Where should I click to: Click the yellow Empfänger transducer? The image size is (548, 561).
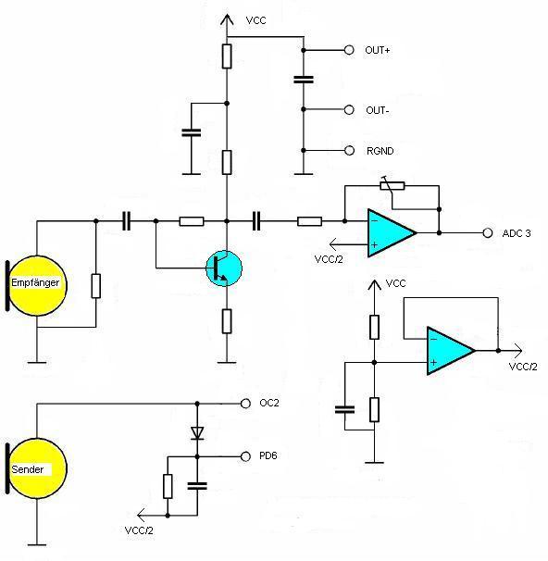(x=36, y=285)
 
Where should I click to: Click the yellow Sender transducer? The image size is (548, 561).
(x=36, y=468)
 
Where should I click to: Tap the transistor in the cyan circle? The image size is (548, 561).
(x=224, y=268)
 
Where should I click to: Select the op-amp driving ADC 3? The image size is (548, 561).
(x=392, y=233)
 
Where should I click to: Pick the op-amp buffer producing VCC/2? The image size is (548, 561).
(x=451, y=351)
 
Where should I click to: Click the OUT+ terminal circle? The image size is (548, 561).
(x=349, y=50)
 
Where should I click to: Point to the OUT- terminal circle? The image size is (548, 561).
(x=349, y=110)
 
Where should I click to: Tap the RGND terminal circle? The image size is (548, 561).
(x=349, y=151)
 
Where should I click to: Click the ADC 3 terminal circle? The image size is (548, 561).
(x=488, y=233)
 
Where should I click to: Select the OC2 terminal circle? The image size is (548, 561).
(x=245, y=404)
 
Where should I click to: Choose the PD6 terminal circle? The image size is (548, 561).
(x=245, y=456)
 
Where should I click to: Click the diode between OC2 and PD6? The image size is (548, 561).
(x=197, y=433)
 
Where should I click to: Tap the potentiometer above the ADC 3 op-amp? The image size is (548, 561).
(x=392, y=185)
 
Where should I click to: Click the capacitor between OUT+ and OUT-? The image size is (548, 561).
(x=304, y=80)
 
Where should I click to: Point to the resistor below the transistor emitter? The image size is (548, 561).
(x=227, y=321)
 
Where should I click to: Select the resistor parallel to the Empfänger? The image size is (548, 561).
(x=96, y=286)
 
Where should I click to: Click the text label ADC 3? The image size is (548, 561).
(x=517, y=233)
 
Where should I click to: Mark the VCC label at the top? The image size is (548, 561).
(x=256, y=20)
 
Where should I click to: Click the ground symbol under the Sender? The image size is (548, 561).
(x=37, y=545)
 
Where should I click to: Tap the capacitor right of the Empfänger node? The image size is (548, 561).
(x=126, y=221)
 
